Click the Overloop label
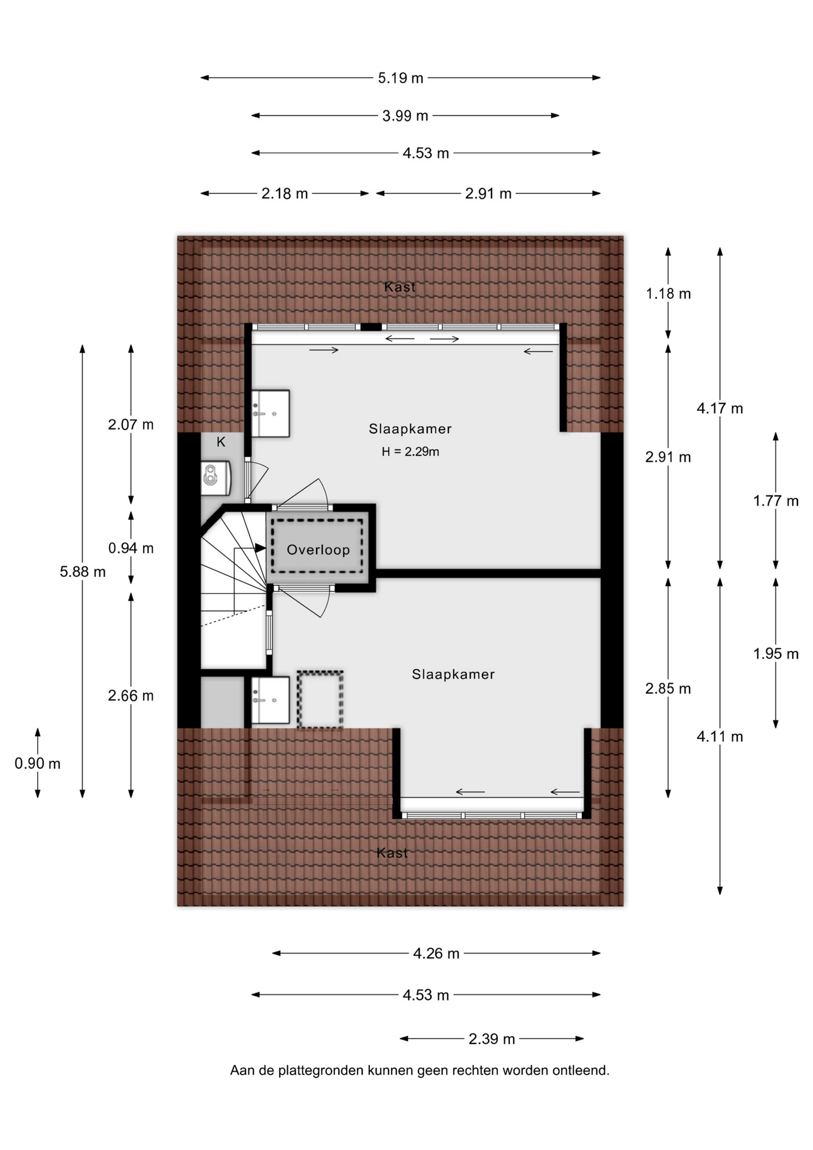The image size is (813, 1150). tap(318, 550)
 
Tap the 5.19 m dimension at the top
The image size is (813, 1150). tap(401, 78)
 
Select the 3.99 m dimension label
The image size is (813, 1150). tap(405, 116)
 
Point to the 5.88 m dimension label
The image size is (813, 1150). tap(83, 572)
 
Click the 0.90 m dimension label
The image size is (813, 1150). tap(38, 764)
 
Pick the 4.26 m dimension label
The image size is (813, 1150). tap(436, 954)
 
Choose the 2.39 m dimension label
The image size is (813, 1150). tap(492, 1039)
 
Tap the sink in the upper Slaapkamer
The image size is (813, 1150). tap(270, 413)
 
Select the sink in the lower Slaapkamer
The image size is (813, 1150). tap(270, 700)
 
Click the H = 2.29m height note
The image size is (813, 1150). tap(411, 452)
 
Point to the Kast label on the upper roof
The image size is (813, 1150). tap(399, 287)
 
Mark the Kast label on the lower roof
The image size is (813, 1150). tap(392, 853)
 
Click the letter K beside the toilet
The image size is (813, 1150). tap(221, 442)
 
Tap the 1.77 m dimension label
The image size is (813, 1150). tap(776, 501)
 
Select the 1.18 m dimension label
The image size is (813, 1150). tap(668, 293)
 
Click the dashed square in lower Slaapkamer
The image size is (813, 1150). tap(320, 700)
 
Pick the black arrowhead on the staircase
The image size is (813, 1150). tap(260, 547)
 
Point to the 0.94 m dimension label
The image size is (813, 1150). tap(131, 548)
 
